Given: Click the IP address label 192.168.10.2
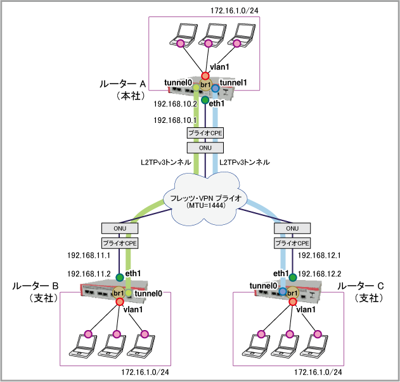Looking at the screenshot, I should [x=172, y=105].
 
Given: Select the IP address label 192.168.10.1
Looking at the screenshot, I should [x=172, y=119].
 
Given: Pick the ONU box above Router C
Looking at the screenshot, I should [x=292, y=228].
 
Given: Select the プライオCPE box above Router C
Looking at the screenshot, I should [x=292, y=243].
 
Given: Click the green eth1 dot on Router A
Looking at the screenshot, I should [x=205, y=100].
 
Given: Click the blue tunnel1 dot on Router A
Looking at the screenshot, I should [x=216, y=88].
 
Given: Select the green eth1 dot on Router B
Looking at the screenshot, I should [x=119, y=277].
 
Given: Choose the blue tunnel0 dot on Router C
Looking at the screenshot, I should [x=282, y=291].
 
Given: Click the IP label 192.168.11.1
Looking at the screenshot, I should [x=89, y=257].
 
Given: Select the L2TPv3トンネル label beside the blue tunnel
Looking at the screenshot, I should [x=245, y=163].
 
